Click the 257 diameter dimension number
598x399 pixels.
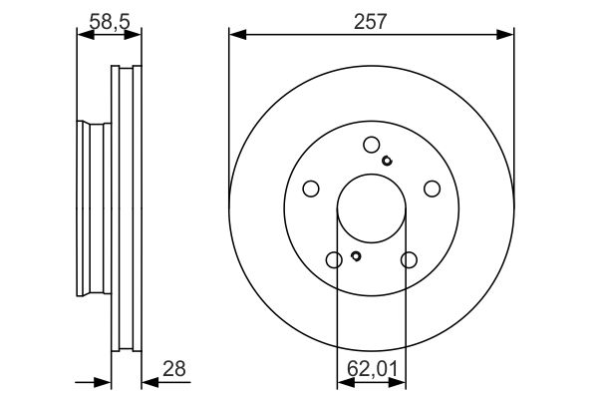click(370, 21)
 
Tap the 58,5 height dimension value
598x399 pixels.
click(110, 21)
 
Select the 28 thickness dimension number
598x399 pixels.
click(174, 368)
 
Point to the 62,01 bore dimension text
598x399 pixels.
click(372, 368)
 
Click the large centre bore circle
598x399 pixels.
click(372, 175)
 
